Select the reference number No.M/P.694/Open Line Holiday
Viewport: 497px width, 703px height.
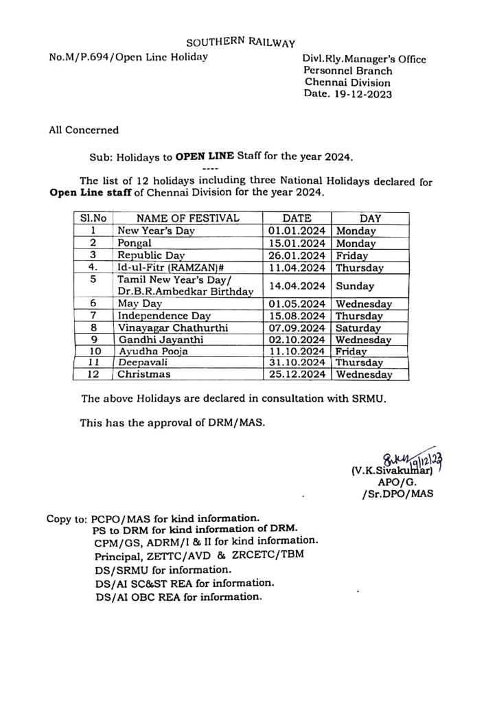coord(128,57)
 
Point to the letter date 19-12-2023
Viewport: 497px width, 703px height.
coord(365,94)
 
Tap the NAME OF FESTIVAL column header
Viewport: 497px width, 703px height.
coord(187,218)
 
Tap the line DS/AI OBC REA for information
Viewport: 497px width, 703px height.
coord(179,597)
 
